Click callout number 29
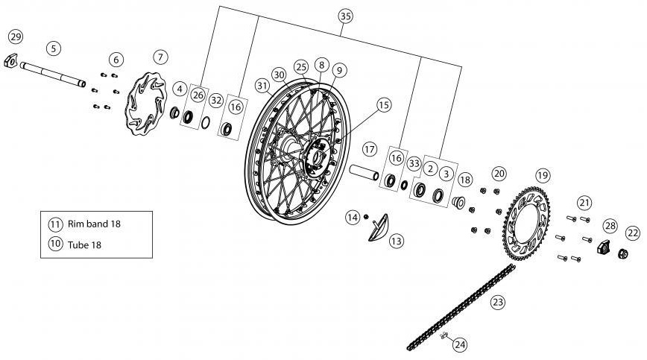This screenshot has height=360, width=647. [16, 37]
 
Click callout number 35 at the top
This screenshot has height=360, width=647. [344, 16]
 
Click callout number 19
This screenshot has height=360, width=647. [543, 174]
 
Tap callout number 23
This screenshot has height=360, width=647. [498, 302]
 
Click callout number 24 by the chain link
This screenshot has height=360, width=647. [460, 344]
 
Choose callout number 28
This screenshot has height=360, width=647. [610, 225]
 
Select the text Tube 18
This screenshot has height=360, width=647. [83, 244]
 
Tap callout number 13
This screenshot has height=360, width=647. [396, 241]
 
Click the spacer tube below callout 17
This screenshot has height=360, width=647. [366, 174]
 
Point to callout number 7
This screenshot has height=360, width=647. [162, 57]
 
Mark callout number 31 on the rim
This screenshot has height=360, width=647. [262, 86]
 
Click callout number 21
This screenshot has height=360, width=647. [584, 202]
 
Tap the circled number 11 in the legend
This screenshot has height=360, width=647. [55, 224]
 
